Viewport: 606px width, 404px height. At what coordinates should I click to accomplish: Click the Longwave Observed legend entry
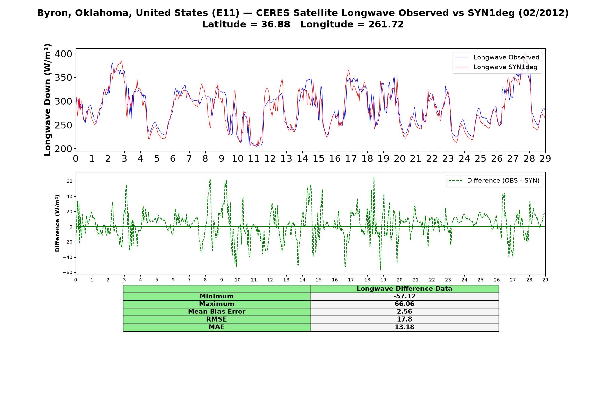[x=497, y=57]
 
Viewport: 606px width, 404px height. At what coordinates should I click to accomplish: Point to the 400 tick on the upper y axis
[x=64, y=54]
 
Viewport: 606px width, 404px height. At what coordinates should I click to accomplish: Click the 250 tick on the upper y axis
[x=64, y=125]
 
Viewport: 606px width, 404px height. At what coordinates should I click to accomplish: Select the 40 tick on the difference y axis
[x=69, y=196]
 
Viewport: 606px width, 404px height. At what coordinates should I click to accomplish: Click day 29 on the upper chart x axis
[x=545, y=158]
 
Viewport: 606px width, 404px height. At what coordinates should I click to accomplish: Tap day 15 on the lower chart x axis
[x=318, y=280]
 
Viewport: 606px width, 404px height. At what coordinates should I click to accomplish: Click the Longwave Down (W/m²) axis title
[x=48, y=100]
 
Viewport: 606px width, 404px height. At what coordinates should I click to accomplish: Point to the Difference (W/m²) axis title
[x=57, y=223]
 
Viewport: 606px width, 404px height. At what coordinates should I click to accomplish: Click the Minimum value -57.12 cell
[x=404, y=296]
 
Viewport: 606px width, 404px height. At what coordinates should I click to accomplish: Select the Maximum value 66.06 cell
[x=404, y=304]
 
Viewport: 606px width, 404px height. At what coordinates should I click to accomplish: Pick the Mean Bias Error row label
[x=216, y=312]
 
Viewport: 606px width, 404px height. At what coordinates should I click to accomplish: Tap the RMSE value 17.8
[x=404, y=319]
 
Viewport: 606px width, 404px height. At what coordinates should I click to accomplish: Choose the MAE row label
[x=216, y=327]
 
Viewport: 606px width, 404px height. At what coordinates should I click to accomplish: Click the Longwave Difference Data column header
[x=404, y=289]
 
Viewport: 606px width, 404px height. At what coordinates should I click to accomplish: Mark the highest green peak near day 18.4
[x=374, y=177]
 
